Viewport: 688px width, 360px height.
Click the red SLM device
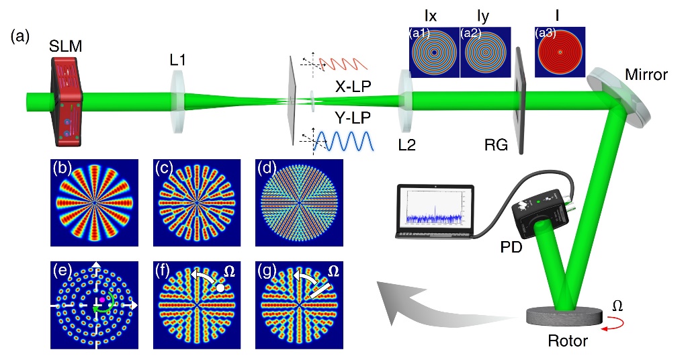tap(67, 101)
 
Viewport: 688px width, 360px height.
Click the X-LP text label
tap(355, 87)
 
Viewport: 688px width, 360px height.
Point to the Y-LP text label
tap(356, 120)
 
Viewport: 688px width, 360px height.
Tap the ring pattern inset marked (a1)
tap(434, 52)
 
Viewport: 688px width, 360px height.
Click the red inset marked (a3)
tap(560, 52)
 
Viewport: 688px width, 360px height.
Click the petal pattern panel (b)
tap(95, 201)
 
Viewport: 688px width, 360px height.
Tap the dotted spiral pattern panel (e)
tap(95, 305)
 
